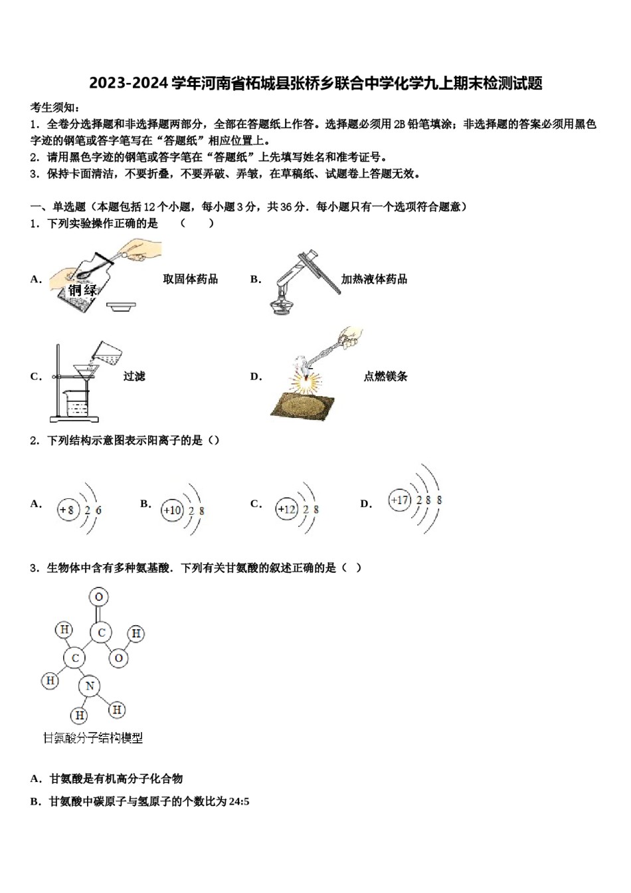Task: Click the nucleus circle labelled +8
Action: [67, 510]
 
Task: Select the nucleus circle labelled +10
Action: [171, 510]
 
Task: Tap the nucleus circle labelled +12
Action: [286, 510]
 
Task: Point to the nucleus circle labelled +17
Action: [400, 500]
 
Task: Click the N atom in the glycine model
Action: [90, 686]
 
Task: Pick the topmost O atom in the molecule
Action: [99, 597]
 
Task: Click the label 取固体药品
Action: [191, 279]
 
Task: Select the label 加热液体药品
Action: [374, 279]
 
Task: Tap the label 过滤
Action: [134, 376]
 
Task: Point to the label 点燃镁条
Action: [385, 376]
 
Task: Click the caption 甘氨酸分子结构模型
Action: [93, 738]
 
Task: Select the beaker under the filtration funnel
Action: [77, 401]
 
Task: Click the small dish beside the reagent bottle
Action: [122, 306]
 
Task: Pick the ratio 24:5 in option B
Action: [239, 801]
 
